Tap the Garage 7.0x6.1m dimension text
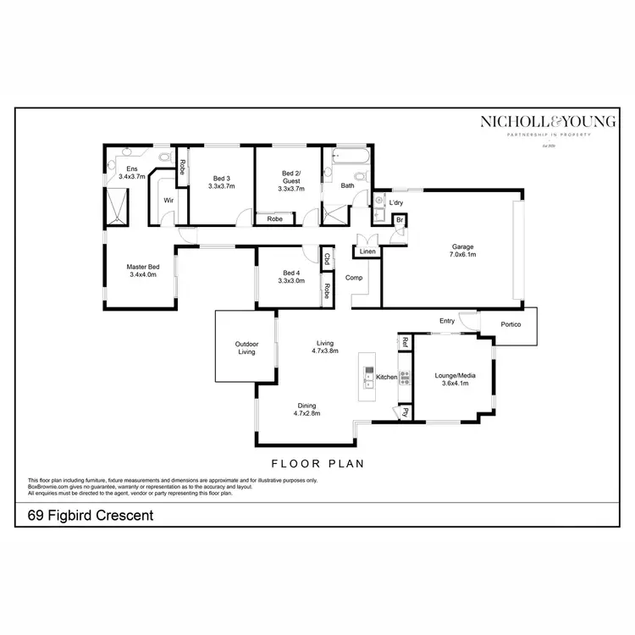tap(463, 254)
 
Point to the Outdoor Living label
tap(246, 348)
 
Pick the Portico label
tap(511, 325)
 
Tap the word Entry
tap(447, 321)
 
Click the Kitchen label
tap(386, 377)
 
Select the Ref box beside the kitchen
tap(406, 342)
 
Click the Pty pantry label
tap(406, 412)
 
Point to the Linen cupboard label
tap(367, 251)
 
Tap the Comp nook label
tap(354, 277)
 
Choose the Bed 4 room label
tap(291, 273)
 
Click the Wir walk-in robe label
tap(168, 200)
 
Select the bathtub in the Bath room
tap(347, 158)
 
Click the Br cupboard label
tap(400, 220)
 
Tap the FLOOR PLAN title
tap(317, 463)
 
